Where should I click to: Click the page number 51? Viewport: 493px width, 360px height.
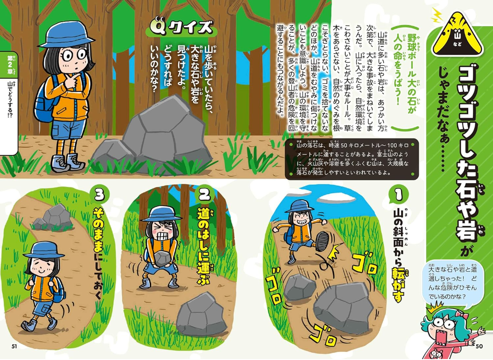(x=14, y=346)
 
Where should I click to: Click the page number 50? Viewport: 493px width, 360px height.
(x=479, y=346)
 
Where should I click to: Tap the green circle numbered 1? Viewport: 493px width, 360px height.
(x=399, y=195)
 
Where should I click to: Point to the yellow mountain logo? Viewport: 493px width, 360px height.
(x=457, y=34)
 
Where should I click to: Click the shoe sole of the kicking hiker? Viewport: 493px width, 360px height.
(x=321, y=241)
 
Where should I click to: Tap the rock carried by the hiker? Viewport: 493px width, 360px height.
(x=162, y=258)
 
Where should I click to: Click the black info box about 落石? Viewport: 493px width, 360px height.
(x=352, y=159)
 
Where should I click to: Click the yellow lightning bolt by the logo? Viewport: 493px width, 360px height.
(x=437, y=15)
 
